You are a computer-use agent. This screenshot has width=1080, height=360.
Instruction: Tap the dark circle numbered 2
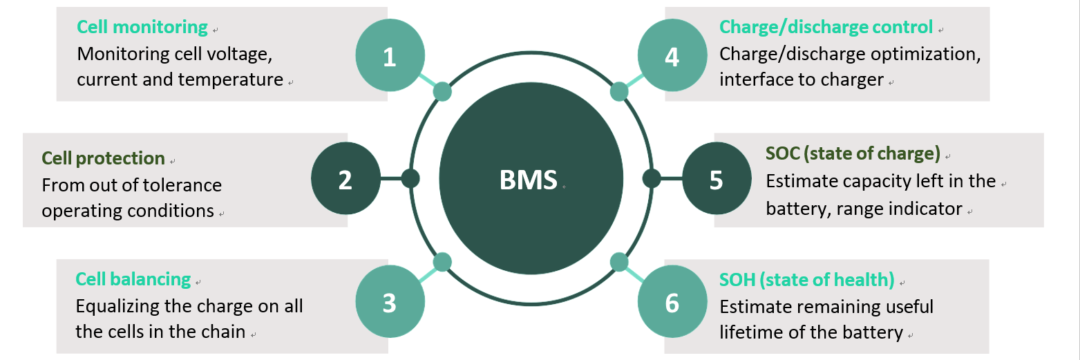pyautogui.click(x=345, y=179)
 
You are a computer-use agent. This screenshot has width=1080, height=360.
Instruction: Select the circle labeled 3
pyautogui.click(x=390, y=303)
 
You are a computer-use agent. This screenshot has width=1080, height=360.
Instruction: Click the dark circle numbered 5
pyautogui.click(x=717, y=179)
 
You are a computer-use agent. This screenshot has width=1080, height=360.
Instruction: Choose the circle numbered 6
pyautogui.click(x=672, y=303)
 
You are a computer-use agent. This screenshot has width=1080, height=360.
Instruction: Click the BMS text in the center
pyautogui.click(x=528, y=180)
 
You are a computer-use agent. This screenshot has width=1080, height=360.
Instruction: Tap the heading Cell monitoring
pyautogui.click(x=142, y=28)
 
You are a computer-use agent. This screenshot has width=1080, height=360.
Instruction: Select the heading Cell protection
pyautogui.click(x=103, y=158)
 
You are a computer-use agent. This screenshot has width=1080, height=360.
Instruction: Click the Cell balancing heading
pyautogui.click(x=133, y=279)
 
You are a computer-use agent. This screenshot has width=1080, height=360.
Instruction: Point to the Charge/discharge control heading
pyautogui.click(x=826, y=28)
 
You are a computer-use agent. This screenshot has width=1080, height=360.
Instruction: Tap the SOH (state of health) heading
pyautogui.click(x=806, y=280)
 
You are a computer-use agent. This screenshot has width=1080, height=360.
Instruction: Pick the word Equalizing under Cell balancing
pyautogui.click(x=117, y=306)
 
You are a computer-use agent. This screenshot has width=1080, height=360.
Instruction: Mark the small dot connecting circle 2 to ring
pyautogui.click(x=410, y=179)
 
